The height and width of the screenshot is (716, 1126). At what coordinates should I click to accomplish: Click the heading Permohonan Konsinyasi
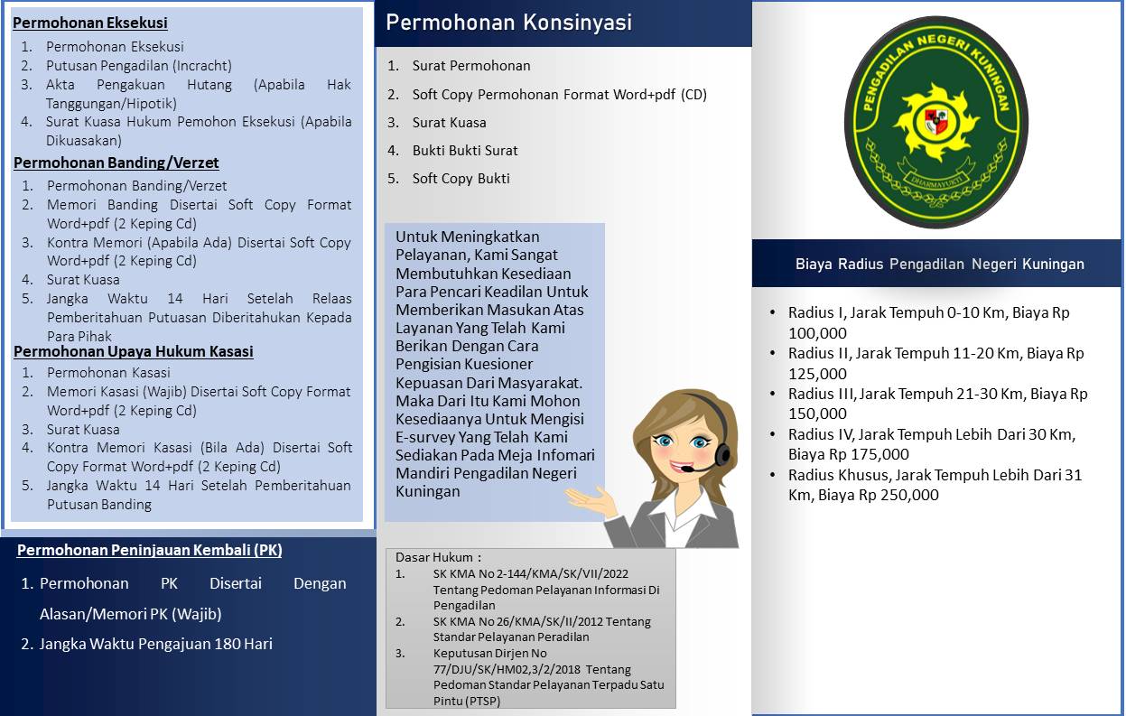pyautogui.click(x=508, y=23)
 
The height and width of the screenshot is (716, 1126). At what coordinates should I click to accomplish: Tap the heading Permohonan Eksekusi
pyautogui.click(x=90, y=23)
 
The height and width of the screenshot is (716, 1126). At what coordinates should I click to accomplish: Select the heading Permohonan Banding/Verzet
pyautogui.click(x=116, y=163)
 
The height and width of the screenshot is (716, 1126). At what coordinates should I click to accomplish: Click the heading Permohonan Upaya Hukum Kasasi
pyautogui.click(x=133, y=351)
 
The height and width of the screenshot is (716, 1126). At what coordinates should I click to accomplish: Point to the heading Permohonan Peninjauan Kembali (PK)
pyautogui.click(x=150, y=550)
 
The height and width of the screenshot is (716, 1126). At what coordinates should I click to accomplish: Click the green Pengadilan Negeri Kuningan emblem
pyautogui.click(x=936, y=121)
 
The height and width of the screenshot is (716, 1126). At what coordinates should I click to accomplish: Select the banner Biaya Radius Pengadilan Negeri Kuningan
pyautogui.click(x=939, y=265)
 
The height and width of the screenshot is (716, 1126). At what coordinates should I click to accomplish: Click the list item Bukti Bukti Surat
pyautogui.click(x=465, y=151)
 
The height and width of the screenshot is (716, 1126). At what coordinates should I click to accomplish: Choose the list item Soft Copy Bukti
pyautogui.click(x=461, y=179)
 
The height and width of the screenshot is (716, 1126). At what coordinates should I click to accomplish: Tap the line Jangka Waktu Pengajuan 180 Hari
pyautogui.click(x=155, y=644)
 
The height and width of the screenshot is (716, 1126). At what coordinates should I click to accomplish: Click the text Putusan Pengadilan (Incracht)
pyautogui.click(x=139, y=66)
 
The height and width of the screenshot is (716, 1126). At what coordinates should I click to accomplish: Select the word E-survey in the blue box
pyautogui.click(x=428, y=437)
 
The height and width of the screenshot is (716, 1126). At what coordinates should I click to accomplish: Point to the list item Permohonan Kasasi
pyautogui.click(x=108, y=373)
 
